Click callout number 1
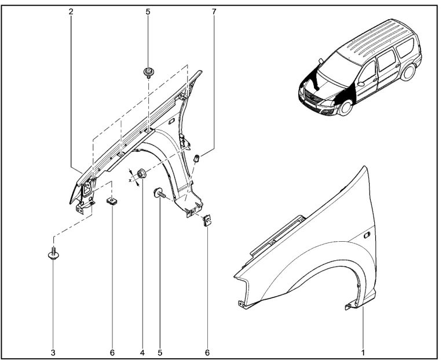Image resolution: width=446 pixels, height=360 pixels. pyautogui.click(x=363, y=352)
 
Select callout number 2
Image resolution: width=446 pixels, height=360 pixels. pyautogui.click(x=71, y=11)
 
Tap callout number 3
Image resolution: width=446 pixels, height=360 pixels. pyautogui.click(x=53, y=352)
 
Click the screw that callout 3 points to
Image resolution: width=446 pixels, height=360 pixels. pyautogui.click(x=53, y=256)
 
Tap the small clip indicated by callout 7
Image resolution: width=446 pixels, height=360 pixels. pyautogui.click(x=196, y=157)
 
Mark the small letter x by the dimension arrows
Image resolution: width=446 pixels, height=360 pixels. pyautogui.click(x=131, y=180)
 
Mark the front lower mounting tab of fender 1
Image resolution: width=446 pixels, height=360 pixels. pyautogui.click(x=242, y=302)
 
